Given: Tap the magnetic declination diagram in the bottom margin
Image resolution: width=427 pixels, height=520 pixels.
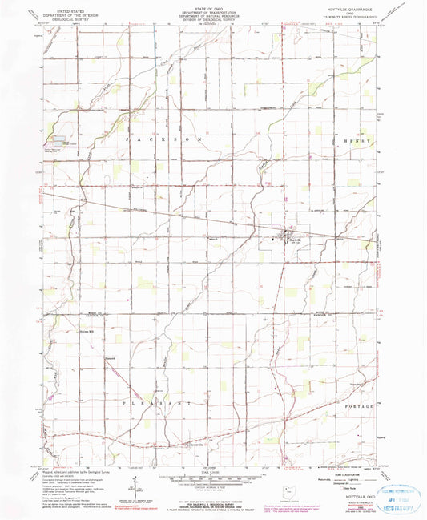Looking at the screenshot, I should [x=132, y=486].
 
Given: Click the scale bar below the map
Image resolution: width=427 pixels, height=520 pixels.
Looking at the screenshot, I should [x=212, y=478].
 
